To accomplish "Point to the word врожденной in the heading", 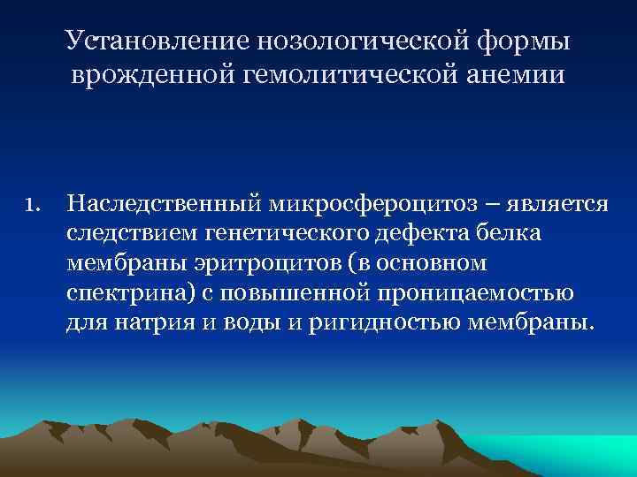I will pos(150,76).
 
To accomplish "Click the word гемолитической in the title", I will pos(344,76).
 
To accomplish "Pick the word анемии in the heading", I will pos(512,76).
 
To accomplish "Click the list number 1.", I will pos(34,206).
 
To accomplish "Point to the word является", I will pos(556,205).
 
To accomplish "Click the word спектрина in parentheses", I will pos(114,293).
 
